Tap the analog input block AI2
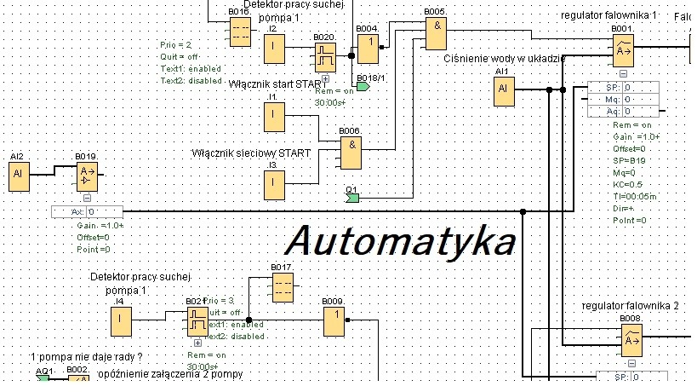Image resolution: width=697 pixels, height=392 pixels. click(x=18, y=176)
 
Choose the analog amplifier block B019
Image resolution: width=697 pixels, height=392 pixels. click(x=87, y=177)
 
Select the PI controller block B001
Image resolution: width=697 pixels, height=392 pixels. click(x=623, y=52)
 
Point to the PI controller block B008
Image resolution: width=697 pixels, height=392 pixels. click(x=631, y=342)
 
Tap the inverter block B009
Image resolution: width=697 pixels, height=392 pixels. click(x=334, y=321)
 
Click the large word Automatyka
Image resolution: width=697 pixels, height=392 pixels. click(x=401, y=241)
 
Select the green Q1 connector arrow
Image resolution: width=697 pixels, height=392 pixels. click(x=353, y=198)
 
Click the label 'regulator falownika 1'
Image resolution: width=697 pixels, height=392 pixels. click(x=608, y=16)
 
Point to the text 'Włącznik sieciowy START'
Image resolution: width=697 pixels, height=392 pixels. click(x=250, y=153)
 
